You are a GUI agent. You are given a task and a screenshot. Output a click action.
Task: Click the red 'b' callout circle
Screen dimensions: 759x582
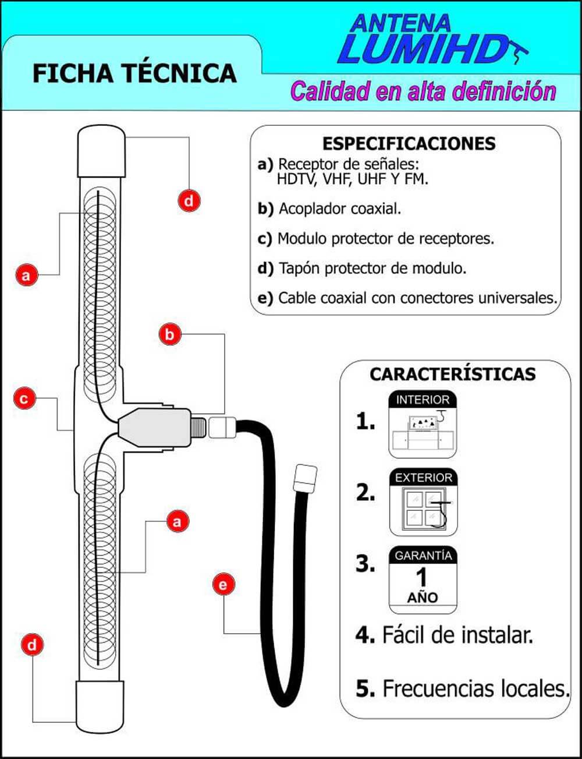pyautogui.click(x=169, y=334)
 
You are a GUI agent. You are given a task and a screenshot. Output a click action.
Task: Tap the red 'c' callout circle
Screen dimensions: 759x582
pyautogui.click(x=24, y=399)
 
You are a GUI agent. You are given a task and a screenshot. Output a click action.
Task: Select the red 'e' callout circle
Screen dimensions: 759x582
pyautogui.click(x=224, y=584)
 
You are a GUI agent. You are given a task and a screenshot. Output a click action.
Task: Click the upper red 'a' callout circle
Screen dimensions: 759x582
pyautogui.click(x=26, y=274)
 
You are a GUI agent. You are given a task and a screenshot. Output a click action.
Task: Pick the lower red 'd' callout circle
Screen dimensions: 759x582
pyautogui.click(x=32, y=645)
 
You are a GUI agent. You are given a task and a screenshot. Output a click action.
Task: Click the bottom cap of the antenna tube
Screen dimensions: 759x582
pyautogui.click(x=101, y=703)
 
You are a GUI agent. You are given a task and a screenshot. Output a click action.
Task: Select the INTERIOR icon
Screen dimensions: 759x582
pyautogui.click(x=423, y=424)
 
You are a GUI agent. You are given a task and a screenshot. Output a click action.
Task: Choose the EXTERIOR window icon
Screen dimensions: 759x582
pyautogui.click(x=423, y=503)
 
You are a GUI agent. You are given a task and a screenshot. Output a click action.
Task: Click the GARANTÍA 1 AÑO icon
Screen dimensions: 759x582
pyautogui.click(x=423, y=579)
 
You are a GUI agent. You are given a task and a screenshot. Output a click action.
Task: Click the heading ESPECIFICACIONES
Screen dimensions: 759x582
pyautogui.click(x=409, y=143)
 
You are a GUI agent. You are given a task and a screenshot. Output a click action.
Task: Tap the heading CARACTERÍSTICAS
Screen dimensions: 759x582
pyautogui.click(x=452, y=374)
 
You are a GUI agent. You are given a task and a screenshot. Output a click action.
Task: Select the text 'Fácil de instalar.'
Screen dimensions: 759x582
pyautogui.click(x=457, y=634)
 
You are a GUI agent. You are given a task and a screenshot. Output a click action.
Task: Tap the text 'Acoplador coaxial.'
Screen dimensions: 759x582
pyautogui.click(x=340, y=209)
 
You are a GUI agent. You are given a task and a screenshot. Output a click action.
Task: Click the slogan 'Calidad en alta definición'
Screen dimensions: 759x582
pyautogui.click(x=423, y=91)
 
